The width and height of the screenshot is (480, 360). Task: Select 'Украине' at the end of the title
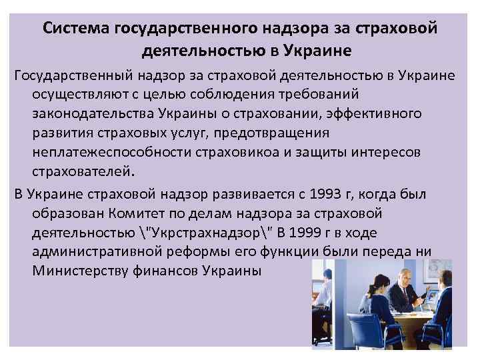pyautogui.click(x=316, y=50)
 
